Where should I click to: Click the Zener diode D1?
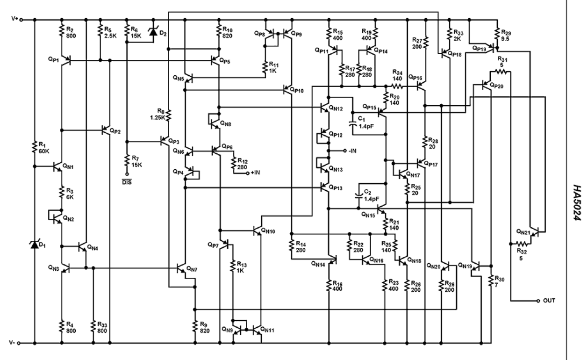(35, 244)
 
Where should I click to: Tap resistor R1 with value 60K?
(35, 147)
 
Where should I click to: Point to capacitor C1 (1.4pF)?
(353, 125)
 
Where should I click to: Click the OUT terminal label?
(549, 300)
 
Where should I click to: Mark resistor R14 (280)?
(292, 247)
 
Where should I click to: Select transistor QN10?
(258, 230)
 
